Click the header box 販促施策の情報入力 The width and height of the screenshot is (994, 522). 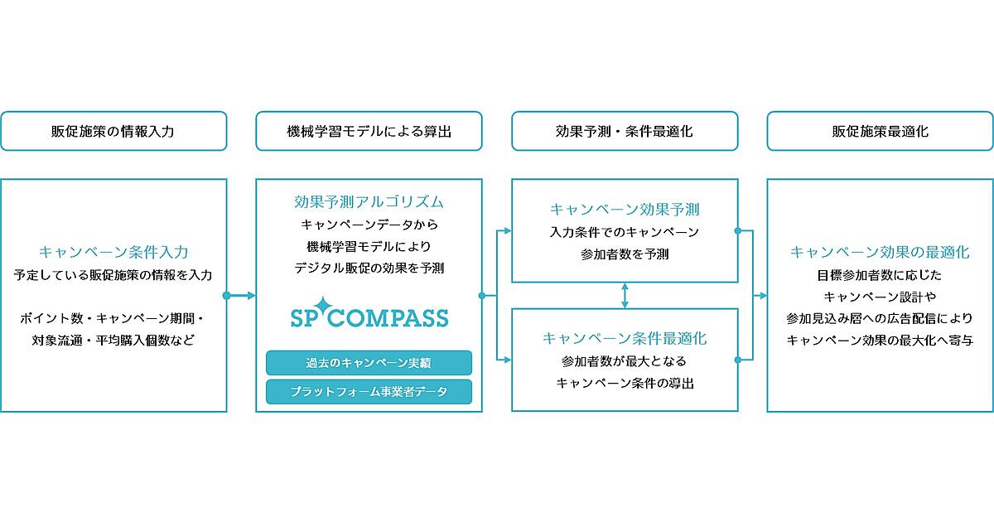pyautogui.click(x=113, y=131)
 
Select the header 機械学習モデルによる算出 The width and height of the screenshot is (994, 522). pyautogui.click(x=369, y=131)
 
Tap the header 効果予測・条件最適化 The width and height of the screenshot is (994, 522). pyautogui.click(x=625, y=131)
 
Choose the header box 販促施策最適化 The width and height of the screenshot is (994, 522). pyautogui.click(x=880, y=131)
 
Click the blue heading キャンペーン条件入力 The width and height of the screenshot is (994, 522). pyautogui.click(x=113, y=252)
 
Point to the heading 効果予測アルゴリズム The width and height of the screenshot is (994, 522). pyautogui.click(x=369, y=202)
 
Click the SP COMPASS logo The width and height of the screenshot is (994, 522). pyautogui.click(x=369, y=313)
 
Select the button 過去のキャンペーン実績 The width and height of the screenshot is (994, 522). pyautogui.click(x=369, y=363)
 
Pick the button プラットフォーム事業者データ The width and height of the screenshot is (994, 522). pyautogui.click(x=369, y=391)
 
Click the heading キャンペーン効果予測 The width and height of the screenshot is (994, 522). pyautogui.click(x=625, y=210)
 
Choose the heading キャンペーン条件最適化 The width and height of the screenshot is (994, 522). pyautogui.click(x=625, y=338)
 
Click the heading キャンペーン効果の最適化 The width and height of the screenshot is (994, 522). pyautogui.click(x=880, y=252)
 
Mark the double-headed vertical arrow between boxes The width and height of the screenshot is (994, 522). pyautogui.click(x=625, y=296)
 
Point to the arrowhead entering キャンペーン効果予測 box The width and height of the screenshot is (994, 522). pyautogui.click(x=507, y=231)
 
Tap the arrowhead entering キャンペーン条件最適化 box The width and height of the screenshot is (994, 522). pyautogui.click(x=507, y=360)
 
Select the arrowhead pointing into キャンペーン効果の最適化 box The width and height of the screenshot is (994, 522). pyautogui.click(x=763, y=296)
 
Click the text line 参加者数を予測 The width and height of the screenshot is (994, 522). pyautogui.click(x=625, y=254)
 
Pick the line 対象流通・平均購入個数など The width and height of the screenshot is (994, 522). pyautogui.click(x=113, y=341)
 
